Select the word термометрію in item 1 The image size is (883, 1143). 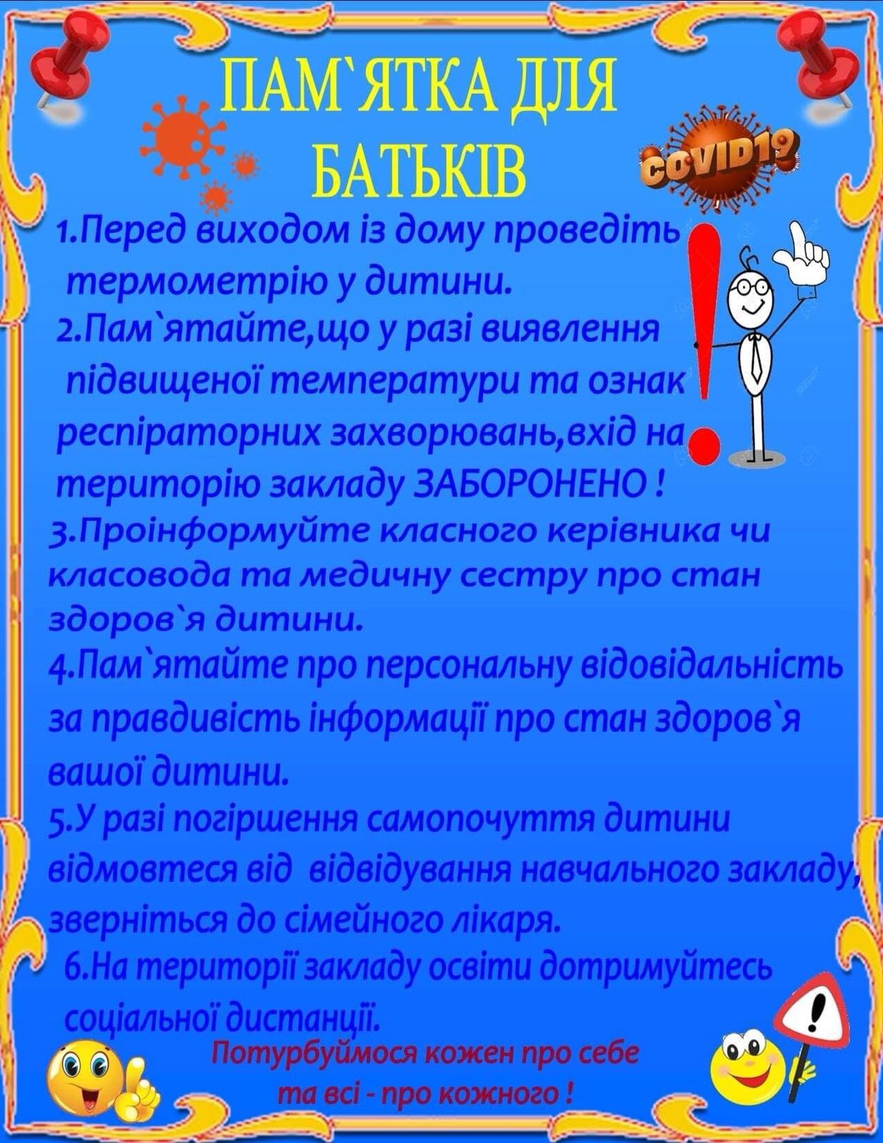pyautogui.click(x=181, y=284)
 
